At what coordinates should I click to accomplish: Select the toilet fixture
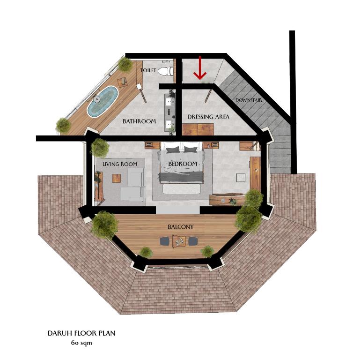point(166,71)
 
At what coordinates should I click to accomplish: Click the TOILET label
point(148,70)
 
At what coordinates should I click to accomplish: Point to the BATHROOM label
point(139,121)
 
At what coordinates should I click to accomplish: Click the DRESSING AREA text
point(208,117)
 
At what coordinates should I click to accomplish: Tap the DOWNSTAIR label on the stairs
point(249,100)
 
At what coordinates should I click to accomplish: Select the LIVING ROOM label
point(120,164)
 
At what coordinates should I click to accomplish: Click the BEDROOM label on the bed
point(183,164)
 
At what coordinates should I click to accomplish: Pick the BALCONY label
point(181,227)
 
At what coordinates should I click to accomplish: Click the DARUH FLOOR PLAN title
point(81,333)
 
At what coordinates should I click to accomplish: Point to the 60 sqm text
point(81,343)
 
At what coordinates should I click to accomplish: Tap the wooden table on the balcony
point(179,241)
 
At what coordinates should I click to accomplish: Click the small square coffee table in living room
point(117,178)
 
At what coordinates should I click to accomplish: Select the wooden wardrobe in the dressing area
point(198,129)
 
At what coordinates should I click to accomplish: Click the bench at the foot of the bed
point(181,188)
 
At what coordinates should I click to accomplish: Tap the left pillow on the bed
point(172,150)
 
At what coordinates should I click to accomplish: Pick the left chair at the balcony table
point(165,241)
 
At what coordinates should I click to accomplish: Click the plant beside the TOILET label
point(125,64)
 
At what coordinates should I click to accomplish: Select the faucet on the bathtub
point(97,99)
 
